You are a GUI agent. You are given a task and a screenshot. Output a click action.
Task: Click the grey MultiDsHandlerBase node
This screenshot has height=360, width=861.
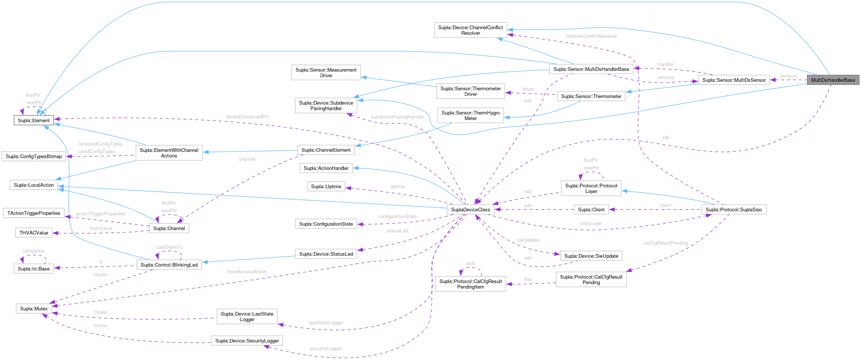pyautogui.click(x=833, y=80)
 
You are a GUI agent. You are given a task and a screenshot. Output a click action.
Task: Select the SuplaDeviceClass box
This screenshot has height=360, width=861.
pyautogui.click(x=470, y=210)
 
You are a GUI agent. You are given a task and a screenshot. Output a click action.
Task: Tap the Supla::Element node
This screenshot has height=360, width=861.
pyautogui.click(x=34, y=120)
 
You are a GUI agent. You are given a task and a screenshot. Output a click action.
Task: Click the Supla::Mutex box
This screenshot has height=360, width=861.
pyautogui.click(x=34, y=309)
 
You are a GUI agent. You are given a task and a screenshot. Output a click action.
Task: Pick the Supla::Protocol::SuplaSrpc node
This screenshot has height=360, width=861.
pyautogui.click(x=734, y=210)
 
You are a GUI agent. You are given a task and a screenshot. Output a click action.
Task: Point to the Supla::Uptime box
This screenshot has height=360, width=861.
pyautogui.click(x=326, y=186)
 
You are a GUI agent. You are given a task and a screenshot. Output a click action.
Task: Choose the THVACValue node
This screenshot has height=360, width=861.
pyautogui.click(x=34, y=233)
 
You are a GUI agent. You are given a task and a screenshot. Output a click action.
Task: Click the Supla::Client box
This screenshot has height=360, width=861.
pyautogui.click(x=591, y=210)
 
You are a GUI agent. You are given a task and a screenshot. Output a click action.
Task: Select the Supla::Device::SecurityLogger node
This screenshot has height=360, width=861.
pyautogui.click(x=247, y=341)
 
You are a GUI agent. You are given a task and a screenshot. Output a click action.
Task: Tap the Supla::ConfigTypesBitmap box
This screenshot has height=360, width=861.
pyautogui.click(x=34, y=156)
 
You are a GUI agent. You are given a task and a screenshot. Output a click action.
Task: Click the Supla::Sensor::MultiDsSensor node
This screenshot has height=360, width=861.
pyautogui.click(x=734, y=80)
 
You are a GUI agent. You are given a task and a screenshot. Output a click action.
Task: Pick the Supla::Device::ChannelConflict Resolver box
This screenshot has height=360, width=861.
pyautogui.click(x=470, y=30)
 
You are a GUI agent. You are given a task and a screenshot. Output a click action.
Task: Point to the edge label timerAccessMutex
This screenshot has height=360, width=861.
pyautogui.click(x=247, y=272)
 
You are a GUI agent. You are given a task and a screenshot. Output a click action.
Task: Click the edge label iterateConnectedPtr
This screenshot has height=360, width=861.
pyautogui.click(x=247, y=117)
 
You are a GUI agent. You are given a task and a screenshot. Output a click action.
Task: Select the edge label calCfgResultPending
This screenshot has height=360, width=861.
pyautogui.click(x=665, y=243)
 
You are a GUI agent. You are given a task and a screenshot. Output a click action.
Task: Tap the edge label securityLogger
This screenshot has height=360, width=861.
pyautogui.click(x=326, y=349)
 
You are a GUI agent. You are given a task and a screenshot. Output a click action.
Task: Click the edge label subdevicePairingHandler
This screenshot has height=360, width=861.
pyautogui.click(x=397, y=117)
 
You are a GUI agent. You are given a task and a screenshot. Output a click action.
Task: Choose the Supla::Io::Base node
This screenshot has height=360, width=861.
pyautogui.click(x=34, y=269)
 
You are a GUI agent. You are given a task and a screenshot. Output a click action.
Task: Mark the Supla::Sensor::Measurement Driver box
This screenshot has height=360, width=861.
pyautogui.click(x=326, y=72)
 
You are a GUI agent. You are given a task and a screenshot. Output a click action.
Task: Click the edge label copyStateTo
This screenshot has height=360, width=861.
pyautogui.click(x=169, y=247)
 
